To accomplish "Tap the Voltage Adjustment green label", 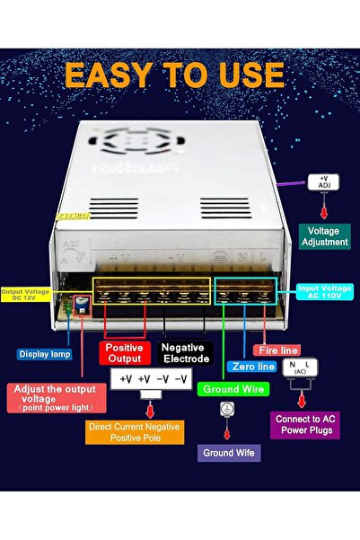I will click(324, 235).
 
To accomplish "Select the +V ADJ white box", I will click(324, 183).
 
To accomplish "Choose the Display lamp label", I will click(44, 354).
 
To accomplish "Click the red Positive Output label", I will click(124, 352).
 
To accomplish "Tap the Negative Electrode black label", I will click(185, 352).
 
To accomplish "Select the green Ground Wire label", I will click(233, 389).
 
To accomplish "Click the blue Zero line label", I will click(252, 366).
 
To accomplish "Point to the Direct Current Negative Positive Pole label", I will click(136, 432).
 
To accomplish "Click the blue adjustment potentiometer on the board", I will click(78, 306).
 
